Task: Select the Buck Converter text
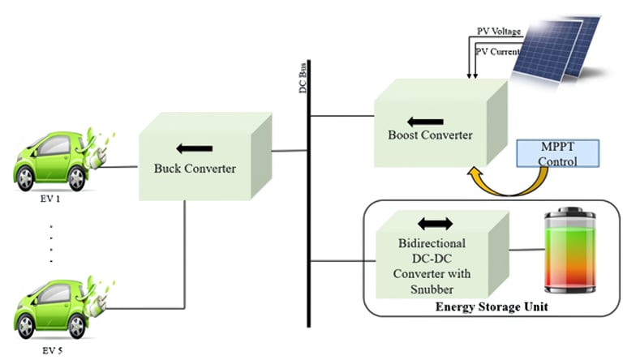[195, 169]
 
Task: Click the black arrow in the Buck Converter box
[194, 148]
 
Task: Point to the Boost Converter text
[429, 135]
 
